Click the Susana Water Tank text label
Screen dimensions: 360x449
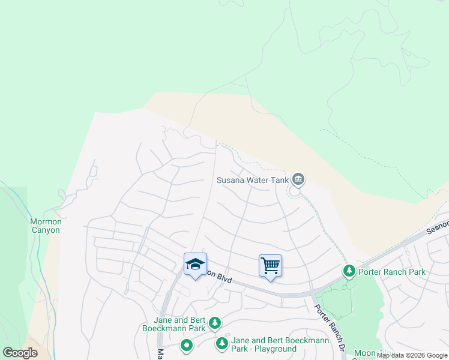pos(253,179)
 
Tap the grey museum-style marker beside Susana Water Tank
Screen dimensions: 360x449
pos(298,179)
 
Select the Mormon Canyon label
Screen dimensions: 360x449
pos(46,226)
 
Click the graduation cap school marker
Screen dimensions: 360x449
pos(195,264)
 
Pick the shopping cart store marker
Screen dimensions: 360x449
pos(270,265)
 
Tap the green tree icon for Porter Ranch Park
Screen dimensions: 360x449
pos(349,272)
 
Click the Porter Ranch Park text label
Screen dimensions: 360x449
pos(391,272)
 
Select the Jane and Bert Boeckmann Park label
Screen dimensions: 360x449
pos(175,324)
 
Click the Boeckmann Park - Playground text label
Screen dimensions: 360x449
pos(280,344)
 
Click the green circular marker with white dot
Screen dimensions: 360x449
pos(187,345)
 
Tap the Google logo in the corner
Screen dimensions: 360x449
pos(20,353)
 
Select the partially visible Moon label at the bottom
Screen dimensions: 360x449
pos(364,353)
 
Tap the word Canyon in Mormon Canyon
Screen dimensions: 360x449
pos(46,230)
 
